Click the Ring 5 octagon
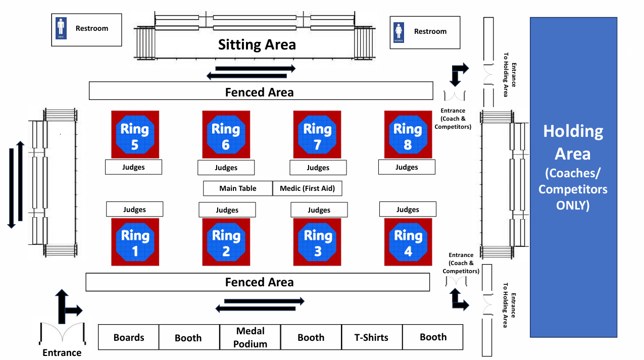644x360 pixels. [x=135, y=135]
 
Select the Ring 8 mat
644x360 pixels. [x=408, y=135]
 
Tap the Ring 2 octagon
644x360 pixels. [x=226, y=242]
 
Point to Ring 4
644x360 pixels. [x=408, y=242]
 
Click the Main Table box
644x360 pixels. [x=238, y=188]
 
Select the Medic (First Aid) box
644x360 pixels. [x=307, y=188]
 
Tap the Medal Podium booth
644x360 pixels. [x=250, y=337]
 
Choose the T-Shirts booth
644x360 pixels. [x=372, y=337]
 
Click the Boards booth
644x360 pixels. [x=129, y=337]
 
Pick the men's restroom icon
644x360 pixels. [x=61, y=28]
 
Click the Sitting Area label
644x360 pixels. [x=257, y=44]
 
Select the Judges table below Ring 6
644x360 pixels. [x=226, y=168]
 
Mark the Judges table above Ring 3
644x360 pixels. [x=319, y=210]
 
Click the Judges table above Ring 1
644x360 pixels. [x=134, y=209]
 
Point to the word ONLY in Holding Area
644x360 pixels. [x=573, y=205]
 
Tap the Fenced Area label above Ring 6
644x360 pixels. [x=259, y=92]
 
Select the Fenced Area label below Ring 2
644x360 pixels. [x=259, y=282]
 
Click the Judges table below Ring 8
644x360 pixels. [x=407, y=167]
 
